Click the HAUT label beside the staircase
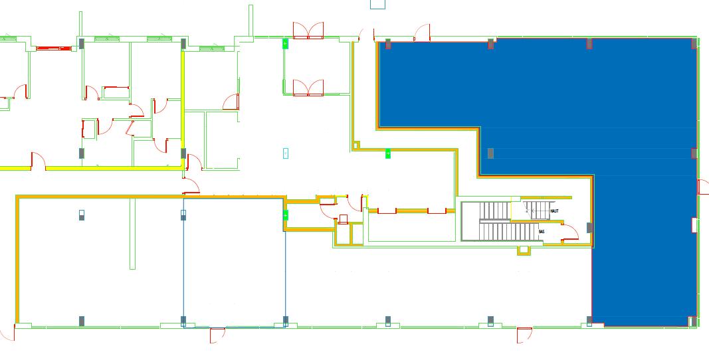pos(554,211)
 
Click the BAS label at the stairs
pos(542,232)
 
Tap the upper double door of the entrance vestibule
pos(308,30)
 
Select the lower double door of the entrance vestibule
pos(308,88)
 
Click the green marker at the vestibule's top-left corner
pos(286,44)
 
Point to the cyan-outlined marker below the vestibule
pos(286,153)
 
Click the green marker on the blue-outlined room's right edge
pos(286,215)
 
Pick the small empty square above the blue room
pos(377,4)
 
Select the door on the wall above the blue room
pos(421,32)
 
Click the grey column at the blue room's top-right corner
pos(694,44)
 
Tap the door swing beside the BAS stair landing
pos(569,232)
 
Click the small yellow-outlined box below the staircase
pos(524,250)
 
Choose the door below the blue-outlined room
pos(217,335)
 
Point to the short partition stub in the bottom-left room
pos(133,233)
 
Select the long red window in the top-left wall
pos(54,48)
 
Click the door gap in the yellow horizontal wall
pos(38,167)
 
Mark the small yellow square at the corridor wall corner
pos(356,145)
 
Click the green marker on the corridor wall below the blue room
pos(388,154)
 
